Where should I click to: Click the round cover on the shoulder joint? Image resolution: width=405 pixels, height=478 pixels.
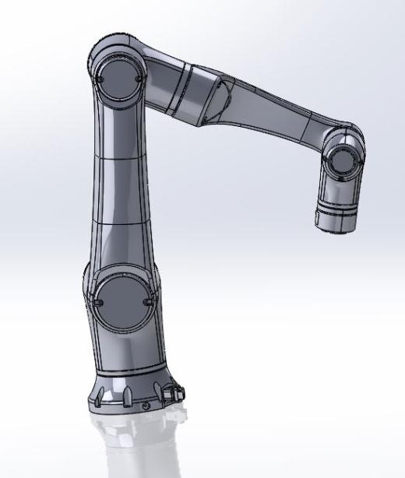tap(121, 299)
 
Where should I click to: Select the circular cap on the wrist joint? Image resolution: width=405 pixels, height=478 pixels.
tap(340, 162)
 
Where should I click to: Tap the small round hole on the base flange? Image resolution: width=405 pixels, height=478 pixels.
tap(145, 406)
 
